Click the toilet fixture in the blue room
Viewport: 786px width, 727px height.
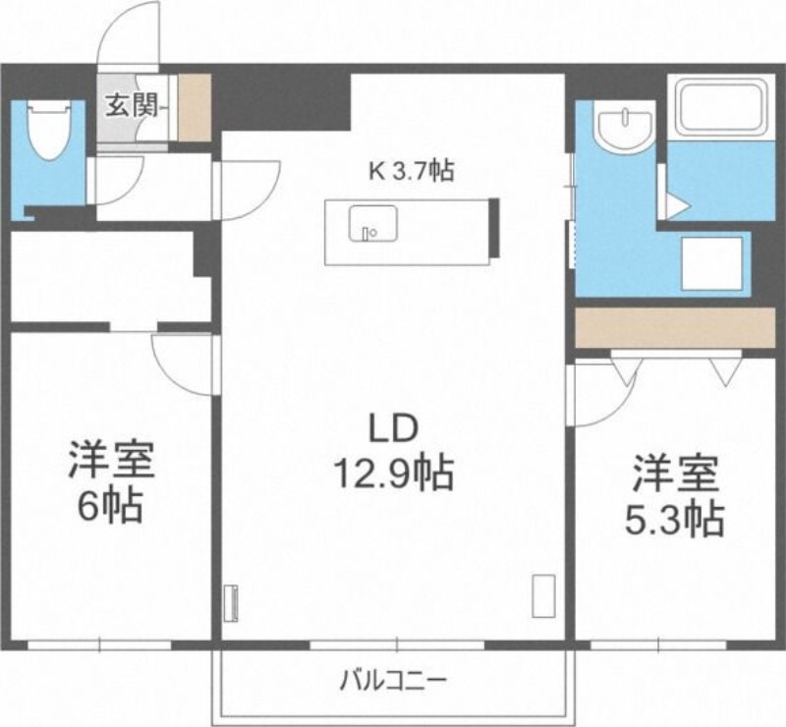point(50,131)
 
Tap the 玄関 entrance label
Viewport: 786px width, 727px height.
point(132,106)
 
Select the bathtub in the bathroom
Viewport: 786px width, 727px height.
point(721,107)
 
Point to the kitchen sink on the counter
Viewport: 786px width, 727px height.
point(373,223)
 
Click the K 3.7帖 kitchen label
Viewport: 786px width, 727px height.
point(412,172)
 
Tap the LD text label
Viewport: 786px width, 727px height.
point(394,429)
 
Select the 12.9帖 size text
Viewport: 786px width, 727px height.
point(394,474)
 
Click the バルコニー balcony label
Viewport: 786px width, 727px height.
point(393,682)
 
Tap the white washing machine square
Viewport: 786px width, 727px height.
point(711,263)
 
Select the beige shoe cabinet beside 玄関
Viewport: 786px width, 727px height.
point(195,108)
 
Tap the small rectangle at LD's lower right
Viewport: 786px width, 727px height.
point(543,595)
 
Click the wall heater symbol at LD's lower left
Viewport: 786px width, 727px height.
point(232,604)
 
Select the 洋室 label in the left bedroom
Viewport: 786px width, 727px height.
point(111,459)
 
